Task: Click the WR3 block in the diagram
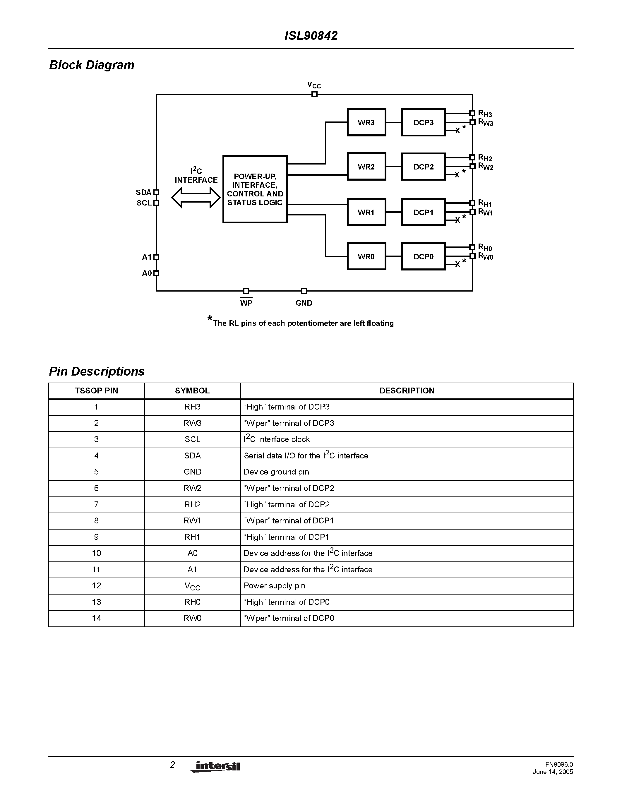click(x=366, y=122)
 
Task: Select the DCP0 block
click(x=423, y=256)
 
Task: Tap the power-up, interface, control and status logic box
click(x=255, y=189)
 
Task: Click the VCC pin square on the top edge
click(x=314, y=94)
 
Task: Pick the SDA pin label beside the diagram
click(x=143, y=192)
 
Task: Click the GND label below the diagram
click(x=304, y=303)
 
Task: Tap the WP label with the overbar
click(x=246, y=303)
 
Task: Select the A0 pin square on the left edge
click(x=156, y=273)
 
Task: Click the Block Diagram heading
click(x=92, y=65)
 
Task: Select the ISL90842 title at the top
click(x=311, y=36)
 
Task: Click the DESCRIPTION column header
click(x=407, y=391)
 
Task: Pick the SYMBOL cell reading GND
click(x=192, y=472)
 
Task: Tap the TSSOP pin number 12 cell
click(x=96, y=586)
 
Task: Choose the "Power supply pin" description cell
click(x=275, y=586)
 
